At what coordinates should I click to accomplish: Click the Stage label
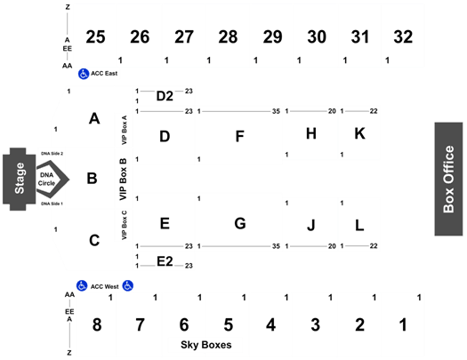point(20,179)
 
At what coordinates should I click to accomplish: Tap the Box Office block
point(448,179)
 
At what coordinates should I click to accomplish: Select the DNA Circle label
point(47,179)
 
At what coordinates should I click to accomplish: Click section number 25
point(95,37)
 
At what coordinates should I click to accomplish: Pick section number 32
point(403,37)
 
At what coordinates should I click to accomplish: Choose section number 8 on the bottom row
point(97,324)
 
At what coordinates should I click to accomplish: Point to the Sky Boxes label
point(206,345)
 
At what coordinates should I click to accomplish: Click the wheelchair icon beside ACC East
point(84,74)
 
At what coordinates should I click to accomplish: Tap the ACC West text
point(105,286)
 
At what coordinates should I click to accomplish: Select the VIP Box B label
point(123,179)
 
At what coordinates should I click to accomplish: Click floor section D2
point(165,96)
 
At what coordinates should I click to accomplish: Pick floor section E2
point(165,261)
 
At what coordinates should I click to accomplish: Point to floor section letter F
point(240,136)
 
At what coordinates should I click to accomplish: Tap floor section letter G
point(240,223)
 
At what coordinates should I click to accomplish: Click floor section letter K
point(359,133)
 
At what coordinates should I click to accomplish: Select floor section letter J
point(311,225)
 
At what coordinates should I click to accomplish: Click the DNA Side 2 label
point(52,154)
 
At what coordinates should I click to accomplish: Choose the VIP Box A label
point(125,130)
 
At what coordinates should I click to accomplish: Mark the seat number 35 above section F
point(276,111)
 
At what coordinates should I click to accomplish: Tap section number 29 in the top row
point(272,37)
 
